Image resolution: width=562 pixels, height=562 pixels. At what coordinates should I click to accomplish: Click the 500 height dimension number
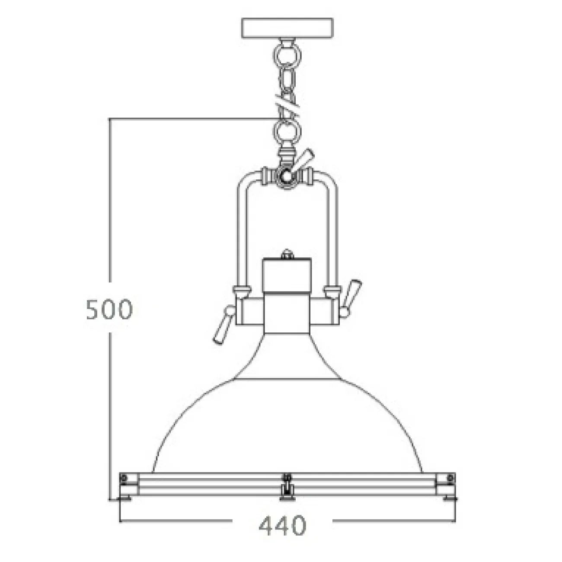pos(110,309)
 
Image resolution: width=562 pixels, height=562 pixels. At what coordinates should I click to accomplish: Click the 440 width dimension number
pos(283,526)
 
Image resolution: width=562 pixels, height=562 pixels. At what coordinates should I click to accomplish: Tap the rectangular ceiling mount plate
pos(287,28)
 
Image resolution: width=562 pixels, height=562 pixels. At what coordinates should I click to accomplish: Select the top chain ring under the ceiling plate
pos(287,55)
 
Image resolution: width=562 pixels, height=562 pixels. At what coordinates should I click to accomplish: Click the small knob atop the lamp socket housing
pos(287,254)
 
